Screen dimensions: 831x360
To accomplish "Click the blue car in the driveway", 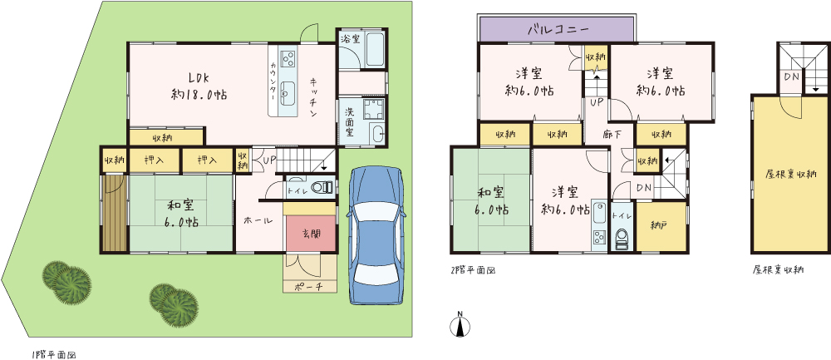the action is (375, 236).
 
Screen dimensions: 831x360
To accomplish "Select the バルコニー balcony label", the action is (558, 29).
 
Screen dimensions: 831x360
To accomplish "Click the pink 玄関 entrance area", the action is (311, 234).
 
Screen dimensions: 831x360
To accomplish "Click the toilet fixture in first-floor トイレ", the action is (322, 187).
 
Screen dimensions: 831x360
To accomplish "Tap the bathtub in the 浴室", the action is (376, 50).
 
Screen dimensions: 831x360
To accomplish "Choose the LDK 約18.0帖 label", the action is (199, 86).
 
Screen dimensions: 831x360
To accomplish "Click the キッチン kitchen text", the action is (314, 98).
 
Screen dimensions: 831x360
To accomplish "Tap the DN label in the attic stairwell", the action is (792, 77).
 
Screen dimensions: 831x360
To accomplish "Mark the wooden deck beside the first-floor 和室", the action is (113, 213).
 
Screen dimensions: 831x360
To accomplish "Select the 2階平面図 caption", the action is (472, 270).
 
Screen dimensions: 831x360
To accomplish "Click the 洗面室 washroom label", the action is (351, 122).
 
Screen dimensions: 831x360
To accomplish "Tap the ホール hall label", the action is (258, 220).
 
